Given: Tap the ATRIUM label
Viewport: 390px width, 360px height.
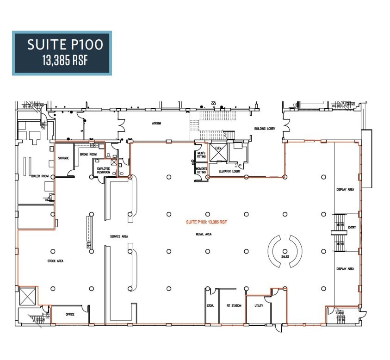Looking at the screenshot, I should pos(156,124).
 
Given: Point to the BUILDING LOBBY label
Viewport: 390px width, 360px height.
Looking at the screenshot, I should pos(265,129).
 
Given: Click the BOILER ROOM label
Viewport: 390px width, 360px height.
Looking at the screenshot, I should pos(40,176).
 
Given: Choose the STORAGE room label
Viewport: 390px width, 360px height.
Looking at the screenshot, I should pos(63,158).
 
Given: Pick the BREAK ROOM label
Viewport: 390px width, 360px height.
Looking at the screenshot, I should pos(88,155).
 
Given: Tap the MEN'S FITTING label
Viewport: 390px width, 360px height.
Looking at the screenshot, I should pos(201,155).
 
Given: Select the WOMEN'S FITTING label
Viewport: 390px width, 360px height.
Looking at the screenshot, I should pos(201,170).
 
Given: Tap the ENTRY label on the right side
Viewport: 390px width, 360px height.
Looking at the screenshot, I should pos(352,227).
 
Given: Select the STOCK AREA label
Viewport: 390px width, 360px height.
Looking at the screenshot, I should pos(56,261).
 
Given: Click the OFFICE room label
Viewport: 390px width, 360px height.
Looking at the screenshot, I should pos(70,314).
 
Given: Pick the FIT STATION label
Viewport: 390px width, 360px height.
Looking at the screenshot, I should pos(234,306).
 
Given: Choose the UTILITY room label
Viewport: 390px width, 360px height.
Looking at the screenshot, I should pos(259,306).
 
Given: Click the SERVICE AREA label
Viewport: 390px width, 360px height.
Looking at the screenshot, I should pos(119,236).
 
